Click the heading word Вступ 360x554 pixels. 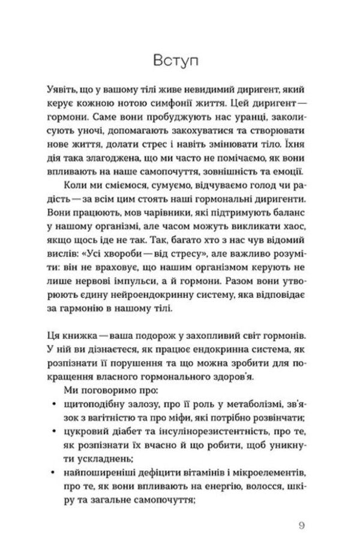pos(179,62)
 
